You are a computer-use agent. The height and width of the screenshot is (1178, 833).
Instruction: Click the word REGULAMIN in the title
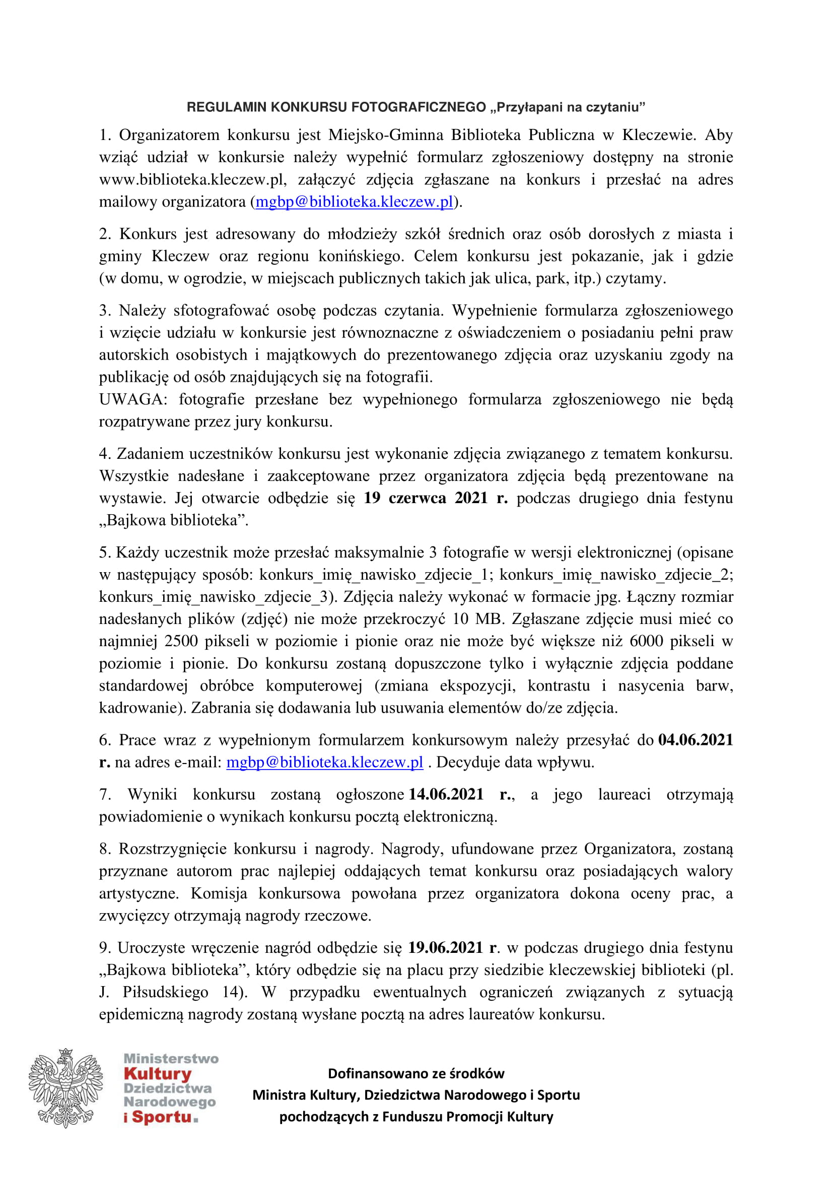[x=227, y=107]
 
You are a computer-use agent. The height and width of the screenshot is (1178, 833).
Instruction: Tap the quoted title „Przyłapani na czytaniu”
[x=568, y=107]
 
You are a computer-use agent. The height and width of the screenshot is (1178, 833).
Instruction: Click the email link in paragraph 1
[x=355, y=201]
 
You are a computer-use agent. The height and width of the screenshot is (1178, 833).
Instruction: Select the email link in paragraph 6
[x=325, y=762]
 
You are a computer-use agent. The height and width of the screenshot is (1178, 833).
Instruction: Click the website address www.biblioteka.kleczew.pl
[x=192, y=180]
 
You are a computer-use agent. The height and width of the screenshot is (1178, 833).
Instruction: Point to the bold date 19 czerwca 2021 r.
[x=436, y=498]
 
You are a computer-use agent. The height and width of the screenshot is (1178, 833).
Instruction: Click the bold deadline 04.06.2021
[x=696, y=740]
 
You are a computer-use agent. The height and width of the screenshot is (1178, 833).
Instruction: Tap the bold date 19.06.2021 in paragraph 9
[x=445, y=947]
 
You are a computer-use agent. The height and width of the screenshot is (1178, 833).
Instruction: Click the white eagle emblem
[x=65, y=1088]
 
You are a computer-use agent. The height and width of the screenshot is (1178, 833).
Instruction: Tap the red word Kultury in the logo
[x=158, y=1074]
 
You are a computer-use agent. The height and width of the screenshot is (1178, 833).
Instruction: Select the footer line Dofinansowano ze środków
[x=416, y=1073]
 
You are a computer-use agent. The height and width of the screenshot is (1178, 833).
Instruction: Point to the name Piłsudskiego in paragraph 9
[x=166, y=992]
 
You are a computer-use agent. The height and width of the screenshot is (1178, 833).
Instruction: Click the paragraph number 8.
[x=105, y=849]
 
